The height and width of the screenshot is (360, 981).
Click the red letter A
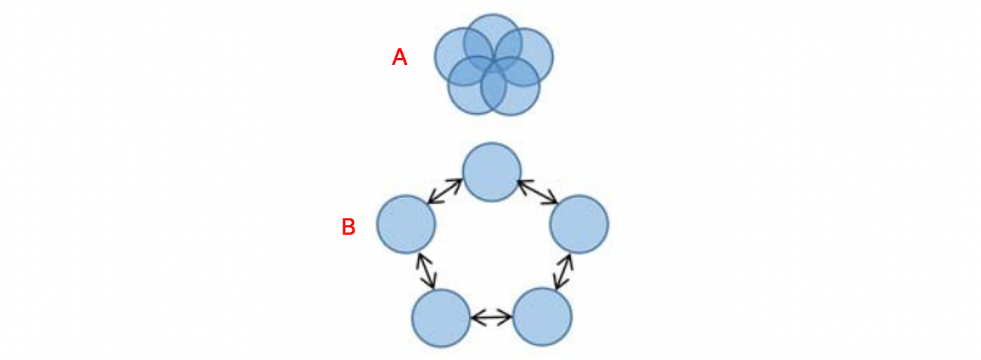[x=399, y=57]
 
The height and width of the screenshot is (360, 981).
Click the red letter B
[x=348, y=227]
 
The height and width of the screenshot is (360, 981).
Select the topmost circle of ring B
[x=492, y=172]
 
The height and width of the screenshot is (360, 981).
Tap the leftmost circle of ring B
[x=406, y=224]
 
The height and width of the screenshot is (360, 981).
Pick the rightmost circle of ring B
[x=579, y=224]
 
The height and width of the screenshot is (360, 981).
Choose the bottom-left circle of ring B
[x=441, y=318]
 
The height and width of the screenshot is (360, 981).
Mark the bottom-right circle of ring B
[x=542, y=317]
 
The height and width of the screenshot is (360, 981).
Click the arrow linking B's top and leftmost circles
[x=445, y=191]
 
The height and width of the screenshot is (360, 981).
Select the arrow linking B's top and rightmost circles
[x=537, y=191]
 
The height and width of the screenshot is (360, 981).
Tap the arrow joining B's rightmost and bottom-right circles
[x=563, y=272]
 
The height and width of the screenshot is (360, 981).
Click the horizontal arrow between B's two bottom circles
[x=492, y=318]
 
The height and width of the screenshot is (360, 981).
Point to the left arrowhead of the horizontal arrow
[x=475, y=318]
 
